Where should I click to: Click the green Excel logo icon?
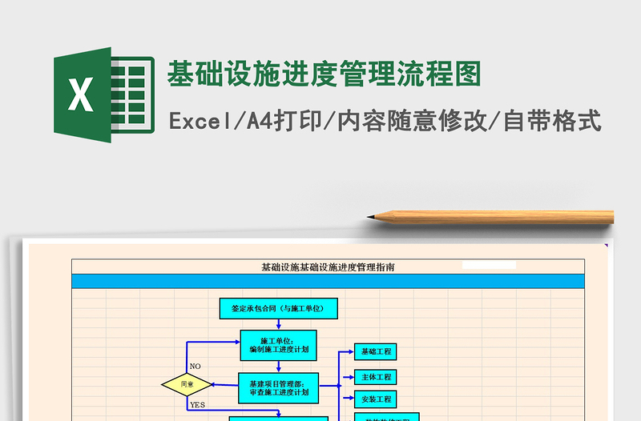pyautogui.click(x=103, y=95)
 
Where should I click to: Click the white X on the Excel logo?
pyautogui.click(x=80, y=95)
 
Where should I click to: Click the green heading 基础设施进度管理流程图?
pyautogui.click(x=324, y=74)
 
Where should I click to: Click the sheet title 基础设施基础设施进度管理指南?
pyautogui.click(x=328, y=267)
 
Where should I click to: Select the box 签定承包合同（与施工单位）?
pyautogui.click(x=278, y=308)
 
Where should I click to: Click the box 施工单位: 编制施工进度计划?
pyautogui.click(x=278, y=345)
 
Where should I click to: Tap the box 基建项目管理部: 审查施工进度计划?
pyautogui.click(x=278, y=388)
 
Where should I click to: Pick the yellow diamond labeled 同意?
pyautogui.click(x=187, y=385)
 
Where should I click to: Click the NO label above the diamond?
pyautogui.click(x=196, y=367)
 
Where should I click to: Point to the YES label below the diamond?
pyautogui.click(x=197, y=405)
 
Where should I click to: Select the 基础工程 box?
pyautogui.click(x=376, y=351)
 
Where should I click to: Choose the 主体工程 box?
pyautogui.click(x=376, y=376)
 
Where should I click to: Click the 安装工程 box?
pyautogui.click(x=376, y=399)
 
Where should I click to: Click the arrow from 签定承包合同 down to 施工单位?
pyautogui.click(x=278, y=323)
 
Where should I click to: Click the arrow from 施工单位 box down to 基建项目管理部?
pyautogui.click(x=278, y=366)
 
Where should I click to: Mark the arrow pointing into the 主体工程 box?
pyautogui.click(x=348, y=376)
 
